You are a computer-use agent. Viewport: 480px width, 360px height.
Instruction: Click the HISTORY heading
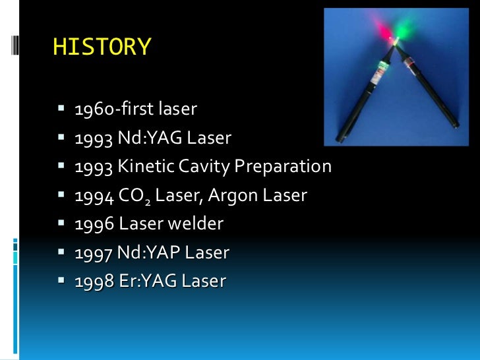point(102,47)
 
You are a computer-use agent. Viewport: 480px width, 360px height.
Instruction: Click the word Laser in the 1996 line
point(138,224)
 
